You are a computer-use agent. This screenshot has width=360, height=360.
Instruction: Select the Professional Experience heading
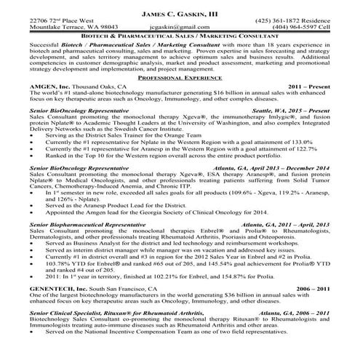click(179, 77)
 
